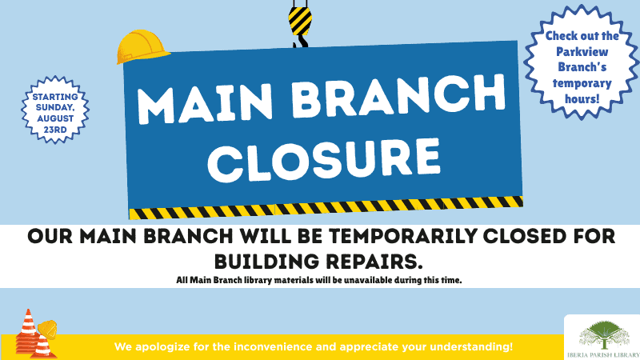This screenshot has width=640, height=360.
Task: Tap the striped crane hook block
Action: (x=300, y=21)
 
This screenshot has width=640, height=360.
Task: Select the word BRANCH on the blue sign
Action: (x=398, y=95)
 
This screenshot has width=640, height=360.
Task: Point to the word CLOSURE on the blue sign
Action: (x=325, y=160)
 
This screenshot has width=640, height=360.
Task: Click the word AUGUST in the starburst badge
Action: (x=55, y=118)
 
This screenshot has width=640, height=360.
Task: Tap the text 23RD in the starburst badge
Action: (x=55, y=130)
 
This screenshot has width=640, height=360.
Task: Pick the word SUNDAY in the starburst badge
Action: (x=55, y=107)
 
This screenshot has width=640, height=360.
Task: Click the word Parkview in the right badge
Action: (x=582, y=52)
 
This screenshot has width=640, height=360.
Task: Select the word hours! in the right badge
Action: (x=582, y=98)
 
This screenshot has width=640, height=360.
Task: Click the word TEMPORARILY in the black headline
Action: (x=403, y=236)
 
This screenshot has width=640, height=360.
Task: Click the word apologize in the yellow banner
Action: (x=162, y=347)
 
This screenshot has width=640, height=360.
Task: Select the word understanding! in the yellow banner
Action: (x=471, y=347)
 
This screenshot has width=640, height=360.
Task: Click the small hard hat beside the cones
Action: (x=47, y=330)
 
